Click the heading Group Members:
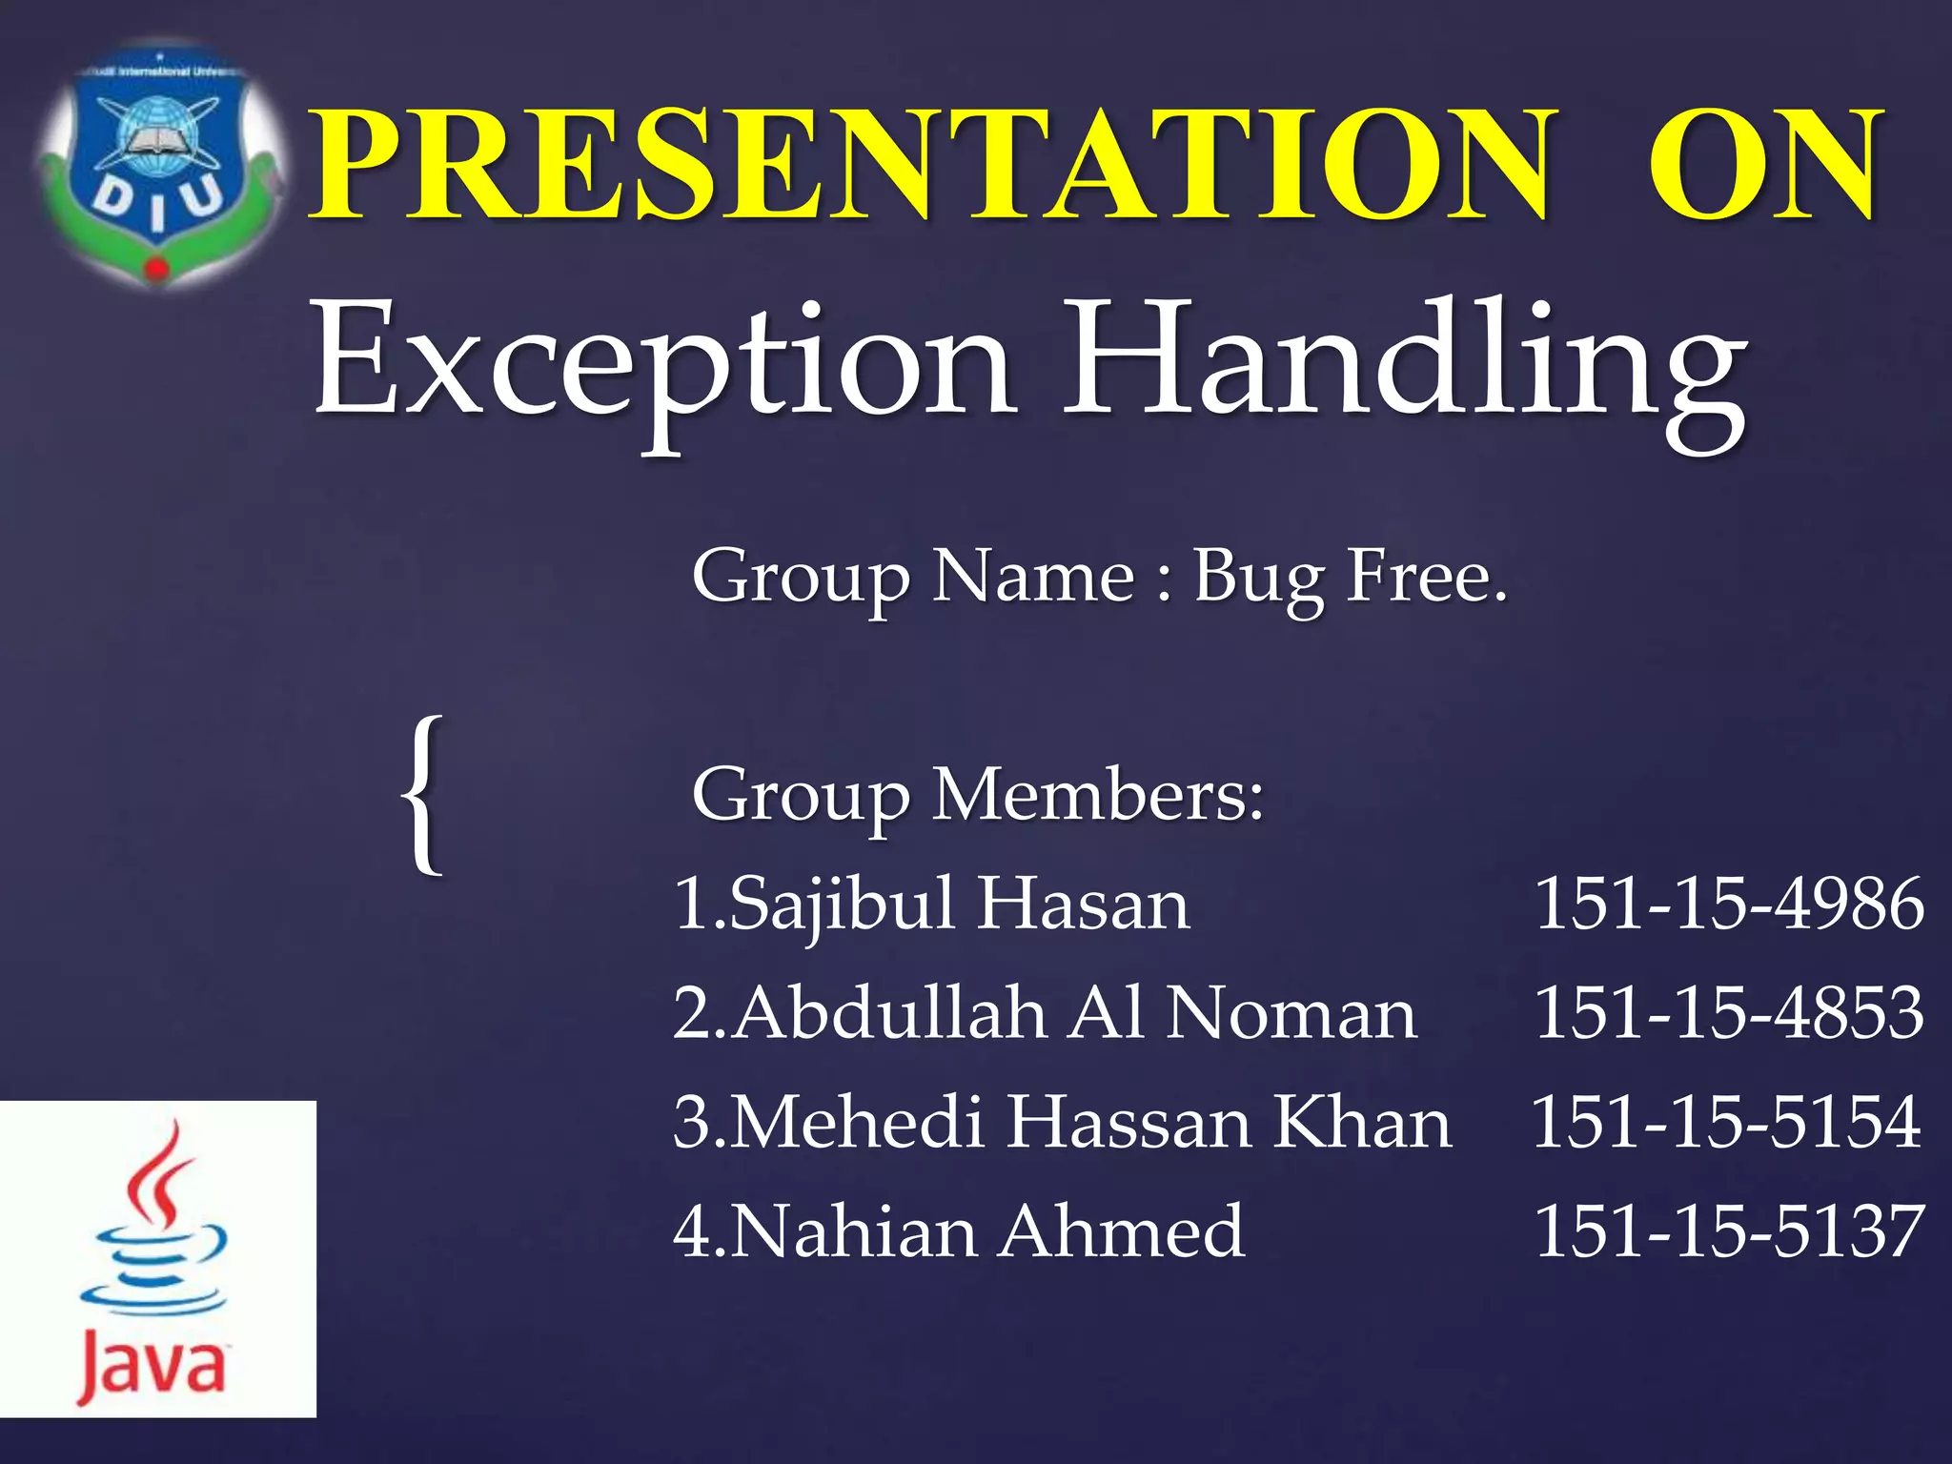(978, 795)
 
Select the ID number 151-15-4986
(1728, 904)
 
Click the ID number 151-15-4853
(1728, 1013)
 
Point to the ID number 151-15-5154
(1726, 1123)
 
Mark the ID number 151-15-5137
(1728, 1231)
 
